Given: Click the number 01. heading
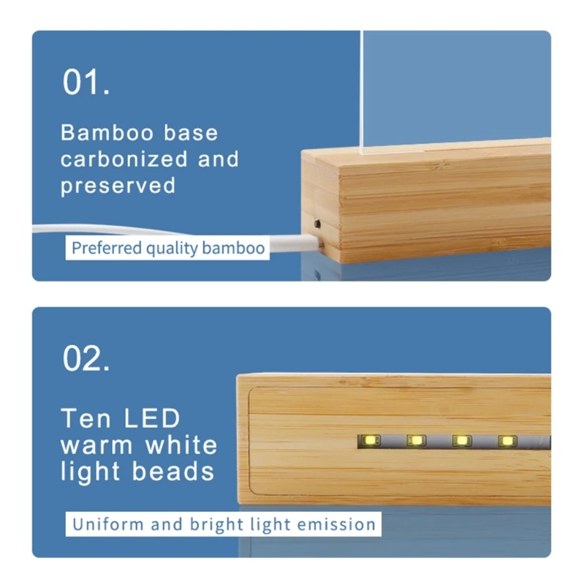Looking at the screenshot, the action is [86, 82].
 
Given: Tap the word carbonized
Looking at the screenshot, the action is [124, 159].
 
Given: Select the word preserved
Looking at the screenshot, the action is [118, 186].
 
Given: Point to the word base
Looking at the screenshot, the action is [191, 133].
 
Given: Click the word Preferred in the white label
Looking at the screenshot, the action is [107, 248].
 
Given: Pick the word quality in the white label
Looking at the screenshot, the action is [172, 249].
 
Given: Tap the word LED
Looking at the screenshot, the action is [152, 418].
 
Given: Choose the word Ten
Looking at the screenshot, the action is [86, 418].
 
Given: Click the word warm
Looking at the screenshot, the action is [97, 445].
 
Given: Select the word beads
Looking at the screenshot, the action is [173, 471].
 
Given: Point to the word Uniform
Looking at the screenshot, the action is [108, 524].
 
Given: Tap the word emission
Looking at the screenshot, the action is [336, 524].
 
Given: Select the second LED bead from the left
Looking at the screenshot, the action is [416, 441].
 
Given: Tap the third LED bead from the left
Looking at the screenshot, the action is [462, 441].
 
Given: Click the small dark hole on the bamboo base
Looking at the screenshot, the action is [317, 224].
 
